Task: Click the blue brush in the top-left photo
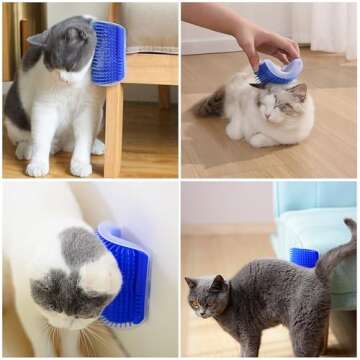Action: pyautogui.click(x=109, y=52)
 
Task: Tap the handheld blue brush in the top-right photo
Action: pyautogui.click(x=277, y=70)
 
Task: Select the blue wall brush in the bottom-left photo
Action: pyautogui.click(x=127, y=275)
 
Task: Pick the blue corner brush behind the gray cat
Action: pyautogui.click(x=304, y=258)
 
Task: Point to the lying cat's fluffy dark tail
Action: pyautogui.click(x=211, y=104)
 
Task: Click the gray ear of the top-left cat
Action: pyautogui.click(x=40, y=37)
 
